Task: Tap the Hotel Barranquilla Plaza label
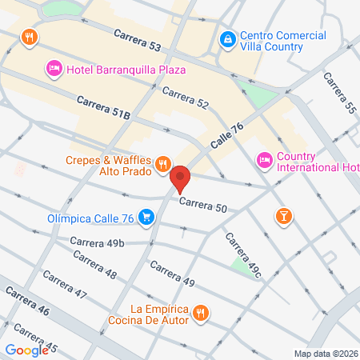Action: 126,70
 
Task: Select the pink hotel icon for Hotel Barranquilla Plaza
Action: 54,70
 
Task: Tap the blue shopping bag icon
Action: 227,38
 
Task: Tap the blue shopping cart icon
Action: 146,216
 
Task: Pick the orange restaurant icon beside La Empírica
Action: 202,314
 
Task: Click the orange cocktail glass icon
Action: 282,216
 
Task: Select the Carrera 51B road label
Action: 104,108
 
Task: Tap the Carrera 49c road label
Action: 243,256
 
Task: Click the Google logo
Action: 26,350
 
